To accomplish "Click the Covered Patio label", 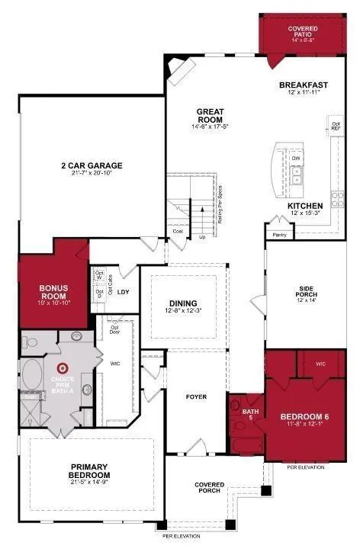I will (x=303, y=32).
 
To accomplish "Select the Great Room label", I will (x=208, y=114).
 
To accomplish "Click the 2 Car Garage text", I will (x=92, y=165).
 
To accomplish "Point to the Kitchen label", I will (x=305, y=207).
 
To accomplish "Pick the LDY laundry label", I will (x=123, y=291).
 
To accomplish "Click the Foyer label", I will (x=197, y=397).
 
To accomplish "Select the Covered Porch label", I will (x=209, y=487).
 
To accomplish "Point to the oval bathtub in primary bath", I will (x=33, y=376).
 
